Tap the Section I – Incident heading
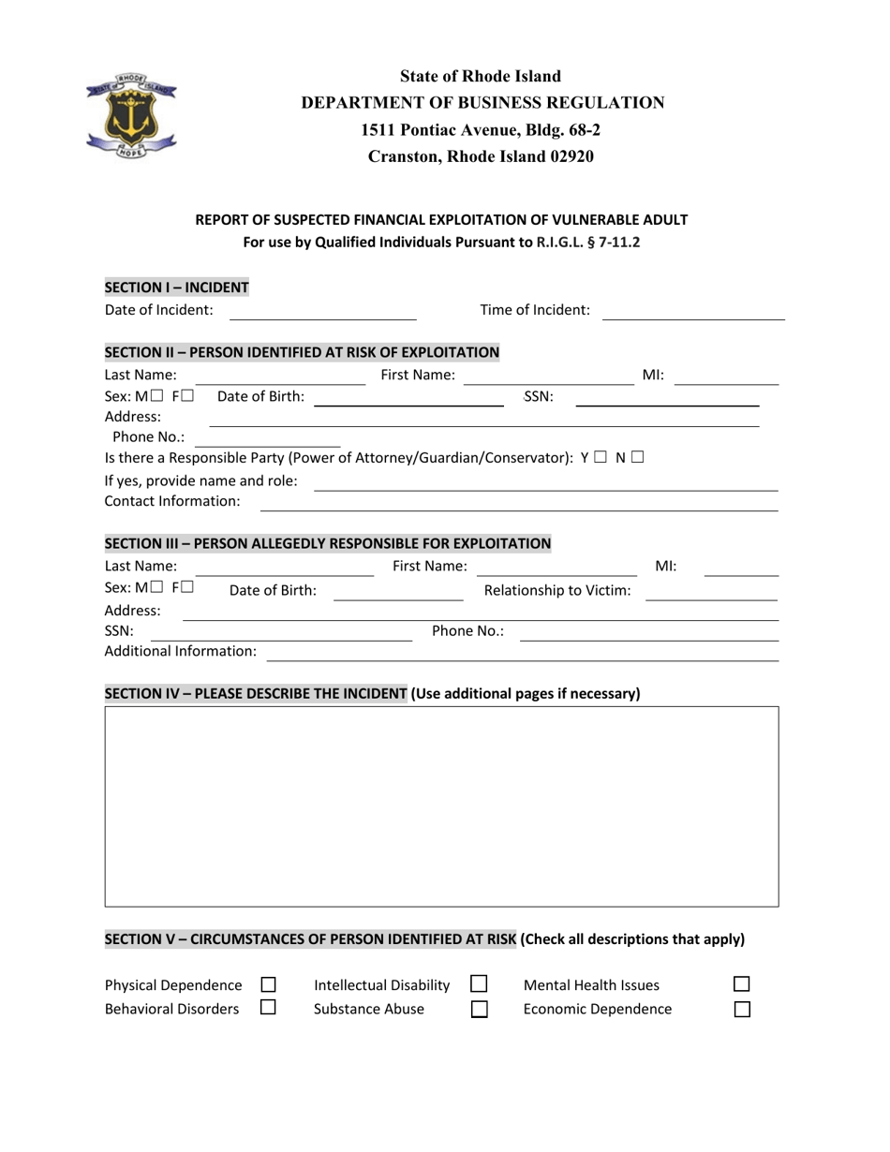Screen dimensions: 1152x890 177,288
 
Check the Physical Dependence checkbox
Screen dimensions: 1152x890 268,985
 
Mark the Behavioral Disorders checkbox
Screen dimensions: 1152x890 268,1009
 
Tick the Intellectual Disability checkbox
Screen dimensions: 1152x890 479,985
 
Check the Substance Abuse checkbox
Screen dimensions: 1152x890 479,1010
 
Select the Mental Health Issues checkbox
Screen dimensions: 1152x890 741,985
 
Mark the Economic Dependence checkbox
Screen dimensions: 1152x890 741,1010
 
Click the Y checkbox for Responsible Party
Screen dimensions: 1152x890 601,458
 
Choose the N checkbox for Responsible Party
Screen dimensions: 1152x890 637,458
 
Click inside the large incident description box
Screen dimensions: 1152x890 441,806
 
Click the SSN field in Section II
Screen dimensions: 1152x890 666,398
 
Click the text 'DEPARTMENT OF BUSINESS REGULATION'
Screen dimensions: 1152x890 482,103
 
